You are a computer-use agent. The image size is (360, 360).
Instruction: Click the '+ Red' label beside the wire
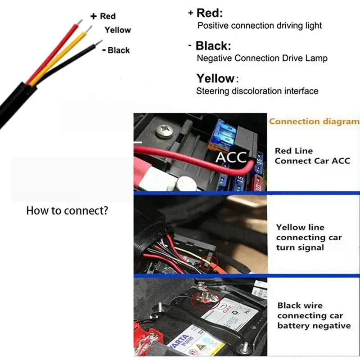103,16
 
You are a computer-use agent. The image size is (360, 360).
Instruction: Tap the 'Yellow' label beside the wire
117,30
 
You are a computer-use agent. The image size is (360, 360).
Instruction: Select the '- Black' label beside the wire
116,50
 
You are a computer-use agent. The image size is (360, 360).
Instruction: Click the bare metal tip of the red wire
80,22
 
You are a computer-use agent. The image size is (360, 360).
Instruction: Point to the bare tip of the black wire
99,42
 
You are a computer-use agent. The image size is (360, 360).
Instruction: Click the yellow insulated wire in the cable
58,59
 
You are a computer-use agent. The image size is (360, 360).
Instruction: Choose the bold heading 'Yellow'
215,78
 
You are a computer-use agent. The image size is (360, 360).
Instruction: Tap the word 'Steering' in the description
212,91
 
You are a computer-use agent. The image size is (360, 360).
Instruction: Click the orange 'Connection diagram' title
314,121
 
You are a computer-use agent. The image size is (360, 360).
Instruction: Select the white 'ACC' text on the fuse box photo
231,157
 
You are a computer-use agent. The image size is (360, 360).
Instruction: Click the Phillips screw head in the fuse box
164,131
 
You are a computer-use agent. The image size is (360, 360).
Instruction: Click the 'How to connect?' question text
67,211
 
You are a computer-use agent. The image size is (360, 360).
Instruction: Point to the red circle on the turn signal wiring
209,263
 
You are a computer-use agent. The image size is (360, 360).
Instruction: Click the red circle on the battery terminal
206,300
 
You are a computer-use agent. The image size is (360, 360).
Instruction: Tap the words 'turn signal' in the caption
300,247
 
